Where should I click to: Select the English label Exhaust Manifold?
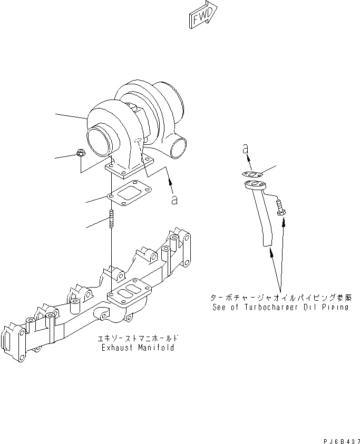click(x=138, y=348)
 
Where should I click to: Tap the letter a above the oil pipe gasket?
click(x=245, y=149)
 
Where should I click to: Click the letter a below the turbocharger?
click(x=174, y=199)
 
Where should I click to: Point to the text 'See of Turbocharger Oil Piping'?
click(x=280, y=307)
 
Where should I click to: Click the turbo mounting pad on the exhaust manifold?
click(x=130, y=295)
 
